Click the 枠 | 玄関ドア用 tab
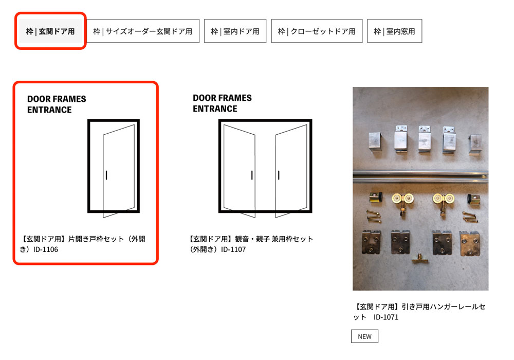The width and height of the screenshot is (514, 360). point(50,31)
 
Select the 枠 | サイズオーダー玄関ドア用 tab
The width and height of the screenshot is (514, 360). point(142,31)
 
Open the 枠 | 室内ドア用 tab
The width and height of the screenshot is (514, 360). point(235,31)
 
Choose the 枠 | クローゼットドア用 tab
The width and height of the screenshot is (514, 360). point(317,31)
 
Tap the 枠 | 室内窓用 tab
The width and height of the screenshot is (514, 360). point(394,31)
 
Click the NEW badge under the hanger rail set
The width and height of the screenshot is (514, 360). point(364,336)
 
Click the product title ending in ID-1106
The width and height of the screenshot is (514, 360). point(83,244)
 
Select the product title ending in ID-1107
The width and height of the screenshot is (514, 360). point(251,244)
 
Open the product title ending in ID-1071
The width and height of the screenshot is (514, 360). point(419,312)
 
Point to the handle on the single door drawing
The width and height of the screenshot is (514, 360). point(106,175)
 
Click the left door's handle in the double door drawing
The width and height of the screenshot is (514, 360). point(252,175)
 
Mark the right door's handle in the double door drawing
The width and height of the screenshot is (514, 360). point(279,175)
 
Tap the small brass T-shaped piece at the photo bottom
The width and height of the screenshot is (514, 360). point(419,258)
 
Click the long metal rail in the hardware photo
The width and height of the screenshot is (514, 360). point(420,175)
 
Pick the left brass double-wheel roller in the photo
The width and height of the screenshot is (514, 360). point(402,203)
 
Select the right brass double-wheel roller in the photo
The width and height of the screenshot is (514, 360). point(443,203)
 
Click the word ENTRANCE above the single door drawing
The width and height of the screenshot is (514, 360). point(49,110)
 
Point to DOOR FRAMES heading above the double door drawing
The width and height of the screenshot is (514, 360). point(222,98)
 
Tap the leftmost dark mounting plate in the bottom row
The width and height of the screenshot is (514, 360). point(372,242)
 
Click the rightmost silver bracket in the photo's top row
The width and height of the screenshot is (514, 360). point(475,144)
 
